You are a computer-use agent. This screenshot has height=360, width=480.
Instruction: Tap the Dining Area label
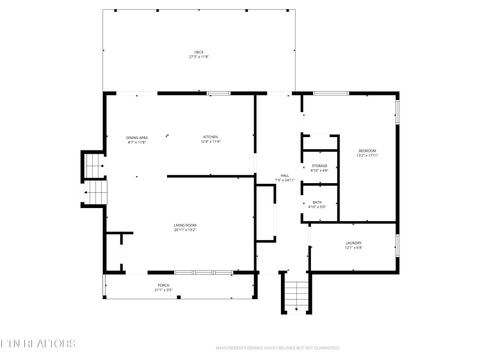[136, 140]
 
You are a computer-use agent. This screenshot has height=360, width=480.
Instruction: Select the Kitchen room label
[210, 140]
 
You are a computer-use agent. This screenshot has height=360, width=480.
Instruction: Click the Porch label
[163, 287]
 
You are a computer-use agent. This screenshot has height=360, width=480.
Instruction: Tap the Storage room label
[319, 167]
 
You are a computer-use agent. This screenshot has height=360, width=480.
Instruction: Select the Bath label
[317, 204]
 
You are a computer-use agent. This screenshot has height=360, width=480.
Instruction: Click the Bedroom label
[368, 152]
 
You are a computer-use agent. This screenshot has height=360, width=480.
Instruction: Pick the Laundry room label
[353, 244]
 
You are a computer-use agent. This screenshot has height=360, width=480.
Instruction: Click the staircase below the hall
[296, 295]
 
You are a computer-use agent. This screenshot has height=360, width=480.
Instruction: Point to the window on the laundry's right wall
[397, 245]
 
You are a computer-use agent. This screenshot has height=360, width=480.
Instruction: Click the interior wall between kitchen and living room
[210, 177]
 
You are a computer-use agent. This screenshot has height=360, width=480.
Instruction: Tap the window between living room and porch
[200, 272]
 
